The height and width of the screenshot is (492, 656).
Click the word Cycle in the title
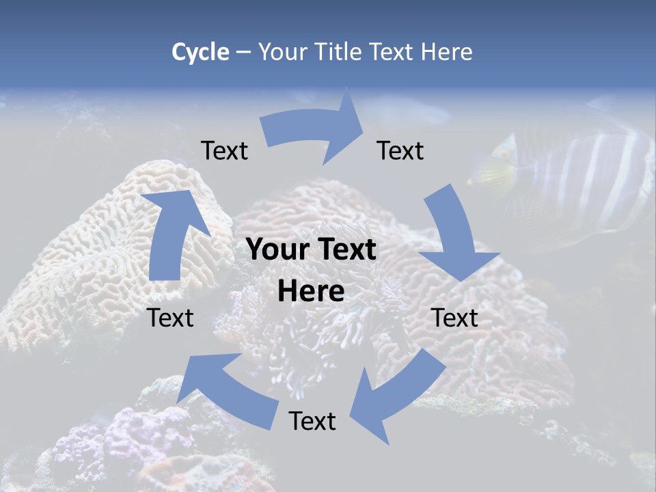200,52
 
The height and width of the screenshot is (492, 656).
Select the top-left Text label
224,150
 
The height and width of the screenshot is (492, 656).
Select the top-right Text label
400,150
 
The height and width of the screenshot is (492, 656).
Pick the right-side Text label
454,318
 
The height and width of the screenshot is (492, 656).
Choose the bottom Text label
312,421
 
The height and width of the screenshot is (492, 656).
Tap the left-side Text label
171,318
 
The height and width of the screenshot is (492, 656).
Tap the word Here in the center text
311,292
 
